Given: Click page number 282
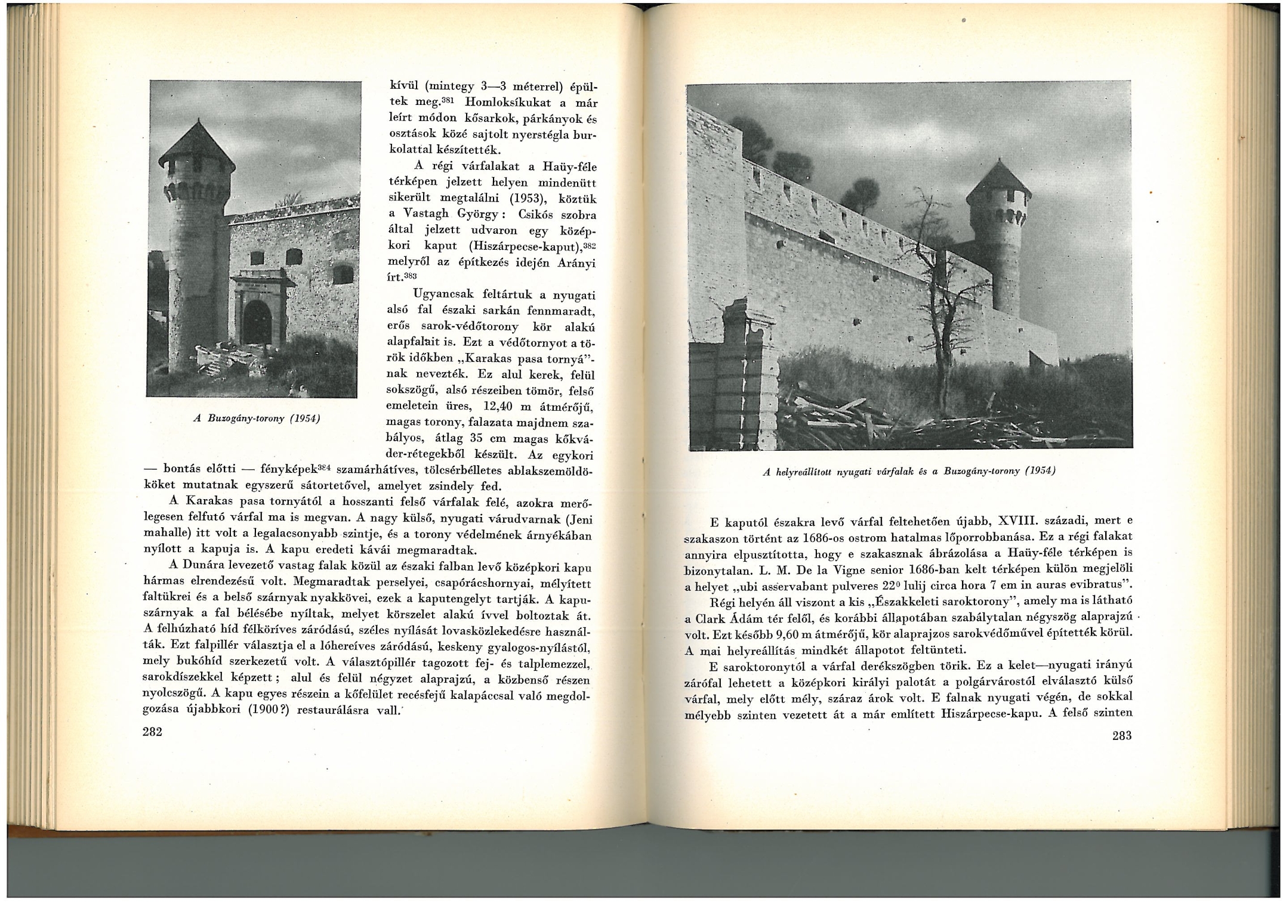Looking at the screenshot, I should pyautogui.click(x=153, y=732).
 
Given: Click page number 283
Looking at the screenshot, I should pyautogui.click(x=1121, y=735).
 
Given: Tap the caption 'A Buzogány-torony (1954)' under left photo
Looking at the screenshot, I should pyautogui.click(x=257, y=418).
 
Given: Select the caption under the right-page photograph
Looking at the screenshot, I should pyautogui.click(x=909, y=471).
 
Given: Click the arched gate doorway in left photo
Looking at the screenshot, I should pyautogui.click(x=257, y=322).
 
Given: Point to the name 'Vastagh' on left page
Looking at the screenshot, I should pyautogui.click(x=426, y=213).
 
